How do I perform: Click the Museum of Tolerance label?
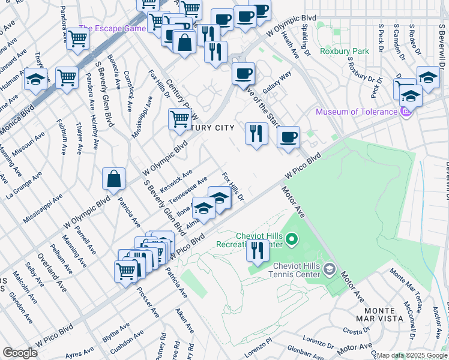point(357,112)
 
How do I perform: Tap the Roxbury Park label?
point(345,52)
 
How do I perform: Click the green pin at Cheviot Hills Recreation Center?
point(292,241)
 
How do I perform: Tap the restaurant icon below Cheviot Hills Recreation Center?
point(258,250)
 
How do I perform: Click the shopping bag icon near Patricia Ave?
point(113,179)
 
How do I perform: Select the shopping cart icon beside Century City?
point(179,119)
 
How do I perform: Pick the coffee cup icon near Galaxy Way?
point(243,74)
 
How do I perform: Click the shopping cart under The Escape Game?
point(77,39)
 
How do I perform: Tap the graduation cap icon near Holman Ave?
point(36,79)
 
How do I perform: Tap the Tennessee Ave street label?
point(188,190)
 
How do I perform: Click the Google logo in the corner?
point(20,353)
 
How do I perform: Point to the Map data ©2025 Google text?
point(412,355)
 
